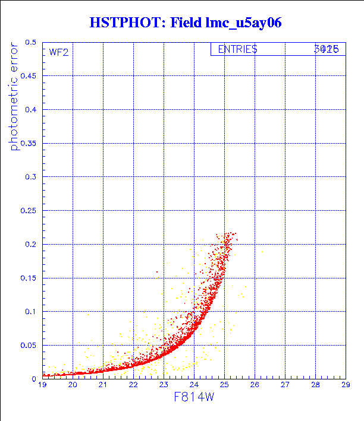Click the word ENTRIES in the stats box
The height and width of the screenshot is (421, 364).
[237, 50]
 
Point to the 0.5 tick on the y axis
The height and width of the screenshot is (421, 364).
[31, 43]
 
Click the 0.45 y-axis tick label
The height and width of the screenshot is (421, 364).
[29, 76]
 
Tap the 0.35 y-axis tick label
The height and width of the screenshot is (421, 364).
[29, 143]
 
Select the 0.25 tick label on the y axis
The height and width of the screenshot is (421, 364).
[29, 211]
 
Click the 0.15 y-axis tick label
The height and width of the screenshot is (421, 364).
[29, 278]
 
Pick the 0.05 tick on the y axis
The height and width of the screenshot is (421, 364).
[29, 345]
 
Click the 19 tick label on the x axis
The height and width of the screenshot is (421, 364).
[42, 385]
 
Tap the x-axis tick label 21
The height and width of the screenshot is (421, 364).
[103, 385]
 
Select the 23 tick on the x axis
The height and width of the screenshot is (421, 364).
[164, 385]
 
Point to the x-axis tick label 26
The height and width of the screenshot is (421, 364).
[255, 385]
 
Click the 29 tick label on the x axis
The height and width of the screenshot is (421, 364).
[346, 385]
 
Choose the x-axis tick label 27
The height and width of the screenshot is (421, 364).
[285, 385]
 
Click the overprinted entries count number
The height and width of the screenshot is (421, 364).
[327, 50]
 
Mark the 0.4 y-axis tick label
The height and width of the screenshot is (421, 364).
[31, 110]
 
